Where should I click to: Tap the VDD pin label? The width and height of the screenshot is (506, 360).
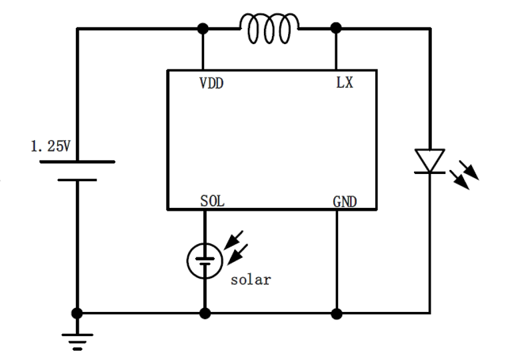pos(211,85)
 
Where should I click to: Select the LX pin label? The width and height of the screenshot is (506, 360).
pos(345,85)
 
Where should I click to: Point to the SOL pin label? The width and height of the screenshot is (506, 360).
pos(213,200)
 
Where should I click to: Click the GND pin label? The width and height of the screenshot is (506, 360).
pos(345,200)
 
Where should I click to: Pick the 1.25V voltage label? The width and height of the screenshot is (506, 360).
pos(50,146)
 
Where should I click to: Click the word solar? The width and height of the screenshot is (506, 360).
pos(251,279)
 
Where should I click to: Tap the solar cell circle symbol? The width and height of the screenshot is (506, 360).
pos(204,260)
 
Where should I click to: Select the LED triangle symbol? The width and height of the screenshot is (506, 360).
pos(429,160)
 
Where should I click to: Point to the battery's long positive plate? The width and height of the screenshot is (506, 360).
pos(77,162)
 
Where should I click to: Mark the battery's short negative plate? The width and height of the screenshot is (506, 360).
pos(77,179)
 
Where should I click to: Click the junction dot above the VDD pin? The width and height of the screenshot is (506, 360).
pos(202,29)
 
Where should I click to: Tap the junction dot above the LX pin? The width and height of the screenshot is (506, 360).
pos(337,29)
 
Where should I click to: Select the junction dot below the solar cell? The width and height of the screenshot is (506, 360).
pos(204,312)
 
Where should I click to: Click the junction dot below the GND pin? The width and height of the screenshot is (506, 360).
pos(337,312)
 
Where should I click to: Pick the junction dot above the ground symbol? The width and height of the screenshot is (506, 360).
pos(77,312)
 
